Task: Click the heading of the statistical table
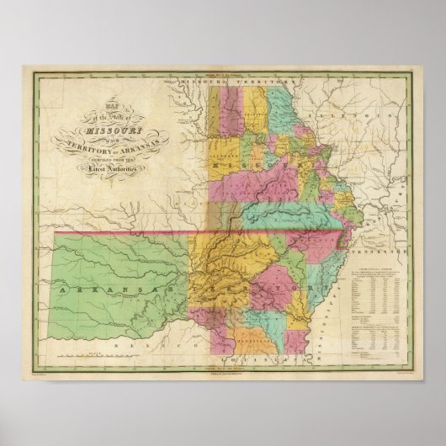point(374,272)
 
